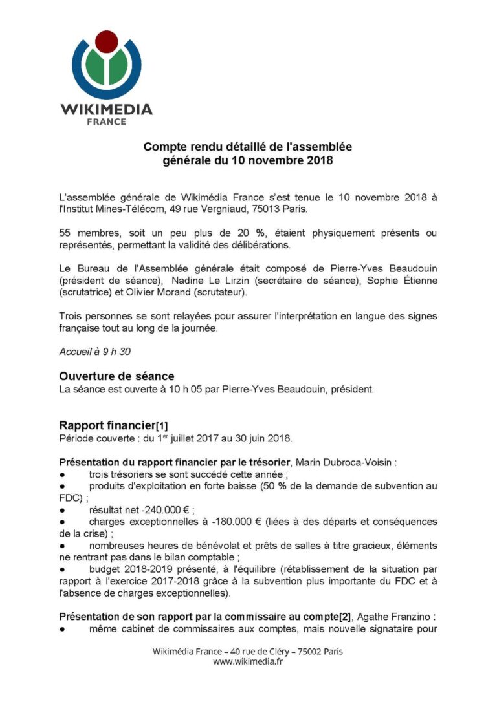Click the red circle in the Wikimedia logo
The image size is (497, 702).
coord(107,41)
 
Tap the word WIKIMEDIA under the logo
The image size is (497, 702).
coord(107,109)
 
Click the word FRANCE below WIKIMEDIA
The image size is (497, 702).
coord(107,122)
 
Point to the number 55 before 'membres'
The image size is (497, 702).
coord(65,233)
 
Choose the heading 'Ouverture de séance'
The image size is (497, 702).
coord(116,376)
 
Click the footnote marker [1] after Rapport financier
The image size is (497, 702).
coord(161,426)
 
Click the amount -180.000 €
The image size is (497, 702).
coord(216,522)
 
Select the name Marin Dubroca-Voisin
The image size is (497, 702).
coord(324,463)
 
